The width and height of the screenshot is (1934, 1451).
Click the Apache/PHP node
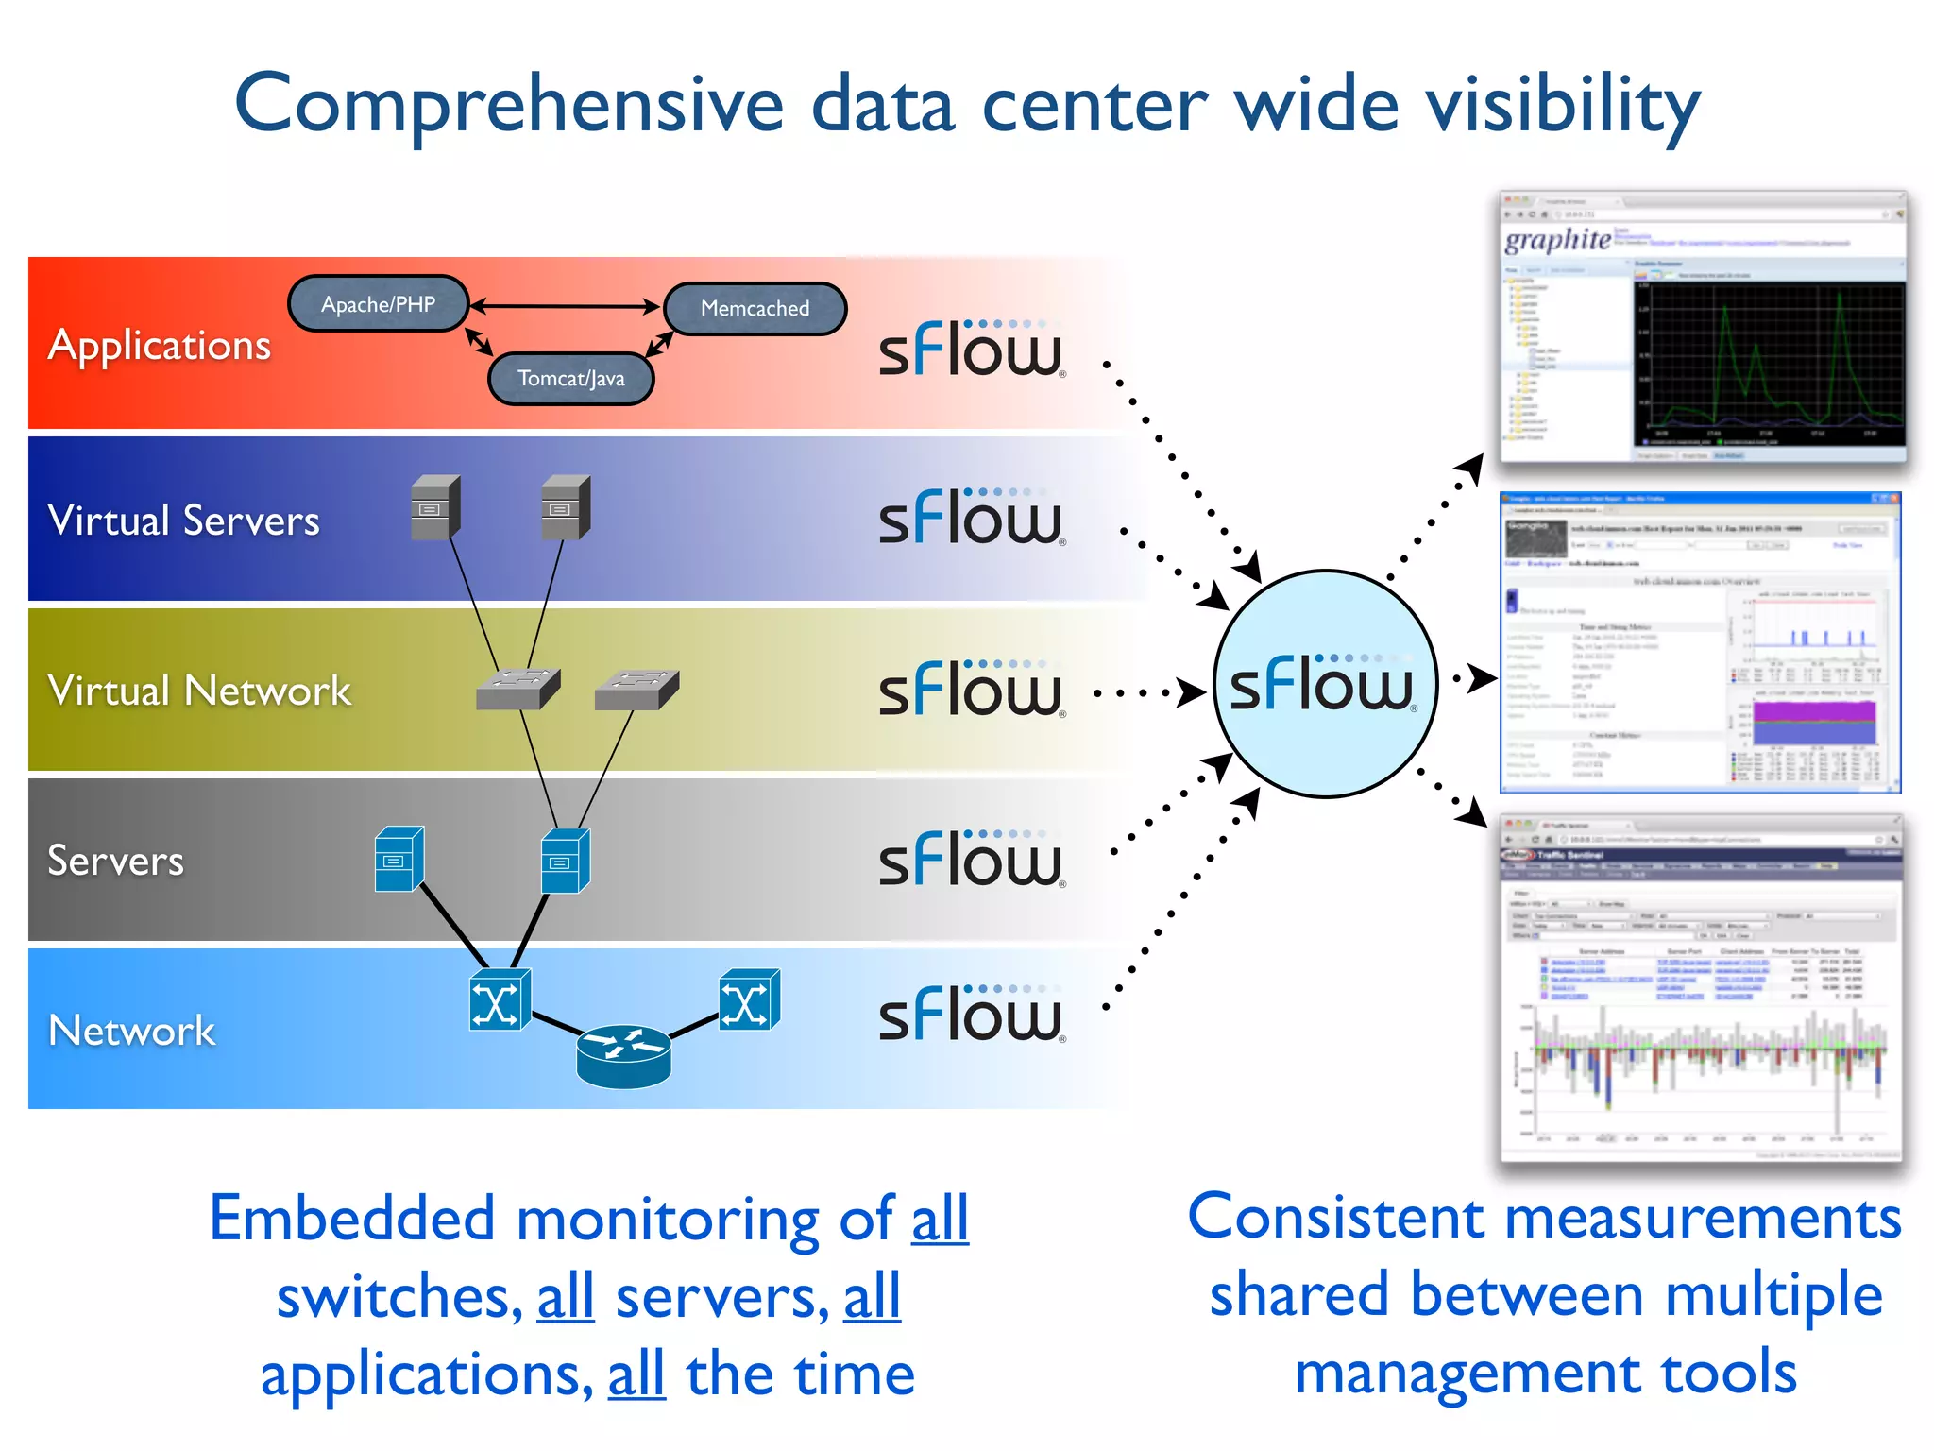click(x=378, y=304)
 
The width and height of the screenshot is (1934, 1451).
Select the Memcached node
click(x=755, y=308)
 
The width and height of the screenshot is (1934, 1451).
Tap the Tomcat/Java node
click(x=570, y=378)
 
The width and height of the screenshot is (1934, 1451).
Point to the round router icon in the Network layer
click(x=623, y=1055)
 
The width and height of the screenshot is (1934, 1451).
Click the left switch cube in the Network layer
click(x=499, y=1000)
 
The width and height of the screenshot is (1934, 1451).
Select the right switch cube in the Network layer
click(x=749, y=1000)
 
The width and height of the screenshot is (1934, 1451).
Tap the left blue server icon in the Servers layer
click(x=399, y=860)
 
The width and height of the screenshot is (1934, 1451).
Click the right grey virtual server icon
click(x=565, y=507)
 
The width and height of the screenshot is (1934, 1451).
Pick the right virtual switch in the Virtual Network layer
click(x=636, y=690)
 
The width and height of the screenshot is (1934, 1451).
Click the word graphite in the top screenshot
click(x=1557, y=239)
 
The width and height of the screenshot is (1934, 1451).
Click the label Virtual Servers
click(x=184, y=521)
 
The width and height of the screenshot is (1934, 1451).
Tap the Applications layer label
click(x=160, y=345)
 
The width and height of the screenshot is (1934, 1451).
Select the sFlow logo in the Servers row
click(x=971, y=860)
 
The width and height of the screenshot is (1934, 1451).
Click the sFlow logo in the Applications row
click(x=971, y=350)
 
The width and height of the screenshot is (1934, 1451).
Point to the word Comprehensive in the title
click(x=509, y=104)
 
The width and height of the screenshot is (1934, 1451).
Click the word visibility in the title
click(x=1562, y=104)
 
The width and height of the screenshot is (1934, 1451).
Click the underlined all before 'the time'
click(x=636, y=1374)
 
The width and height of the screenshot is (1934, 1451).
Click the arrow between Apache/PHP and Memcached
click(x=565, y=306)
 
